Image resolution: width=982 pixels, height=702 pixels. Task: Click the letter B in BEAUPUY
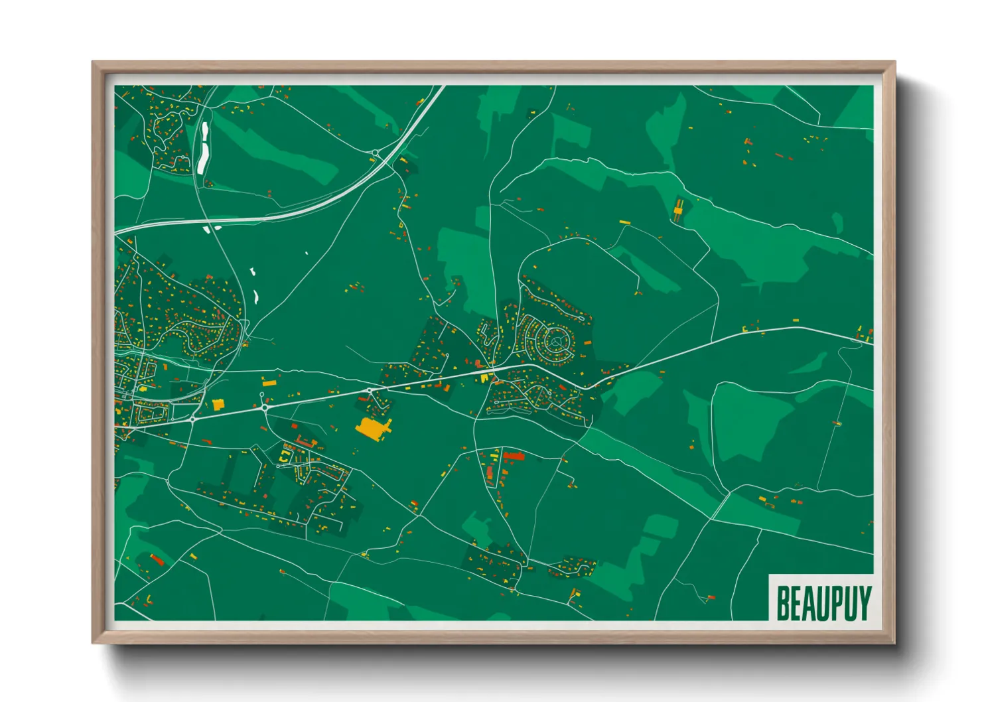tap(784, 602)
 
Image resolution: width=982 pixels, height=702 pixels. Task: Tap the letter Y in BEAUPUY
tap(863, 602)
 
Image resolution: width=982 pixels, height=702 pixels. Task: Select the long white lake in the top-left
tap(203, 147)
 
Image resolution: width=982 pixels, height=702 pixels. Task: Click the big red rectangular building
tap(514, 456)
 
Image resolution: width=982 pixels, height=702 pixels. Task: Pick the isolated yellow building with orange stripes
tap(678, 210)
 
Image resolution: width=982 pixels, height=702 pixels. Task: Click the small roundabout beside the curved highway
tap(376, 154)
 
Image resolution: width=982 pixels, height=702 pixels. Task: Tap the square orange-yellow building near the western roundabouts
tap(218, 403)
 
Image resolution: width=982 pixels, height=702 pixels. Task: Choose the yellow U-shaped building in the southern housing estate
tap(284, 456)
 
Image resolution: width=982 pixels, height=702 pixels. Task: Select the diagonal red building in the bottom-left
tap(157, 560)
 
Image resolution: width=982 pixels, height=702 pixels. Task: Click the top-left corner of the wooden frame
tap(94, 63)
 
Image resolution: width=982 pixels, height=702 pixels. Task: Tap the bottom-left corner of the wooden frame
tap(94, 642)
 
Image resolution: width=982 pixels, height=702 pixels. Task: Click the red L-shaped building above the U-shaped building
tap(304, 441)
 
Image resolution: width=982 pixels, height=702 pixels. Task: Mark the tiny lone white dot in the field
tap(307, 253)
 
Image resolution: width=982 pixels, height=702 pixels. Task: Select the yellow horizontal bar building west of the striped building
tap(624, 222)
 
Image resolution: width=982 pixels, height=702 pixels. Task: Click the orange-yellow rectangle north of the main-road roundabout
tap(268, 382)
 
